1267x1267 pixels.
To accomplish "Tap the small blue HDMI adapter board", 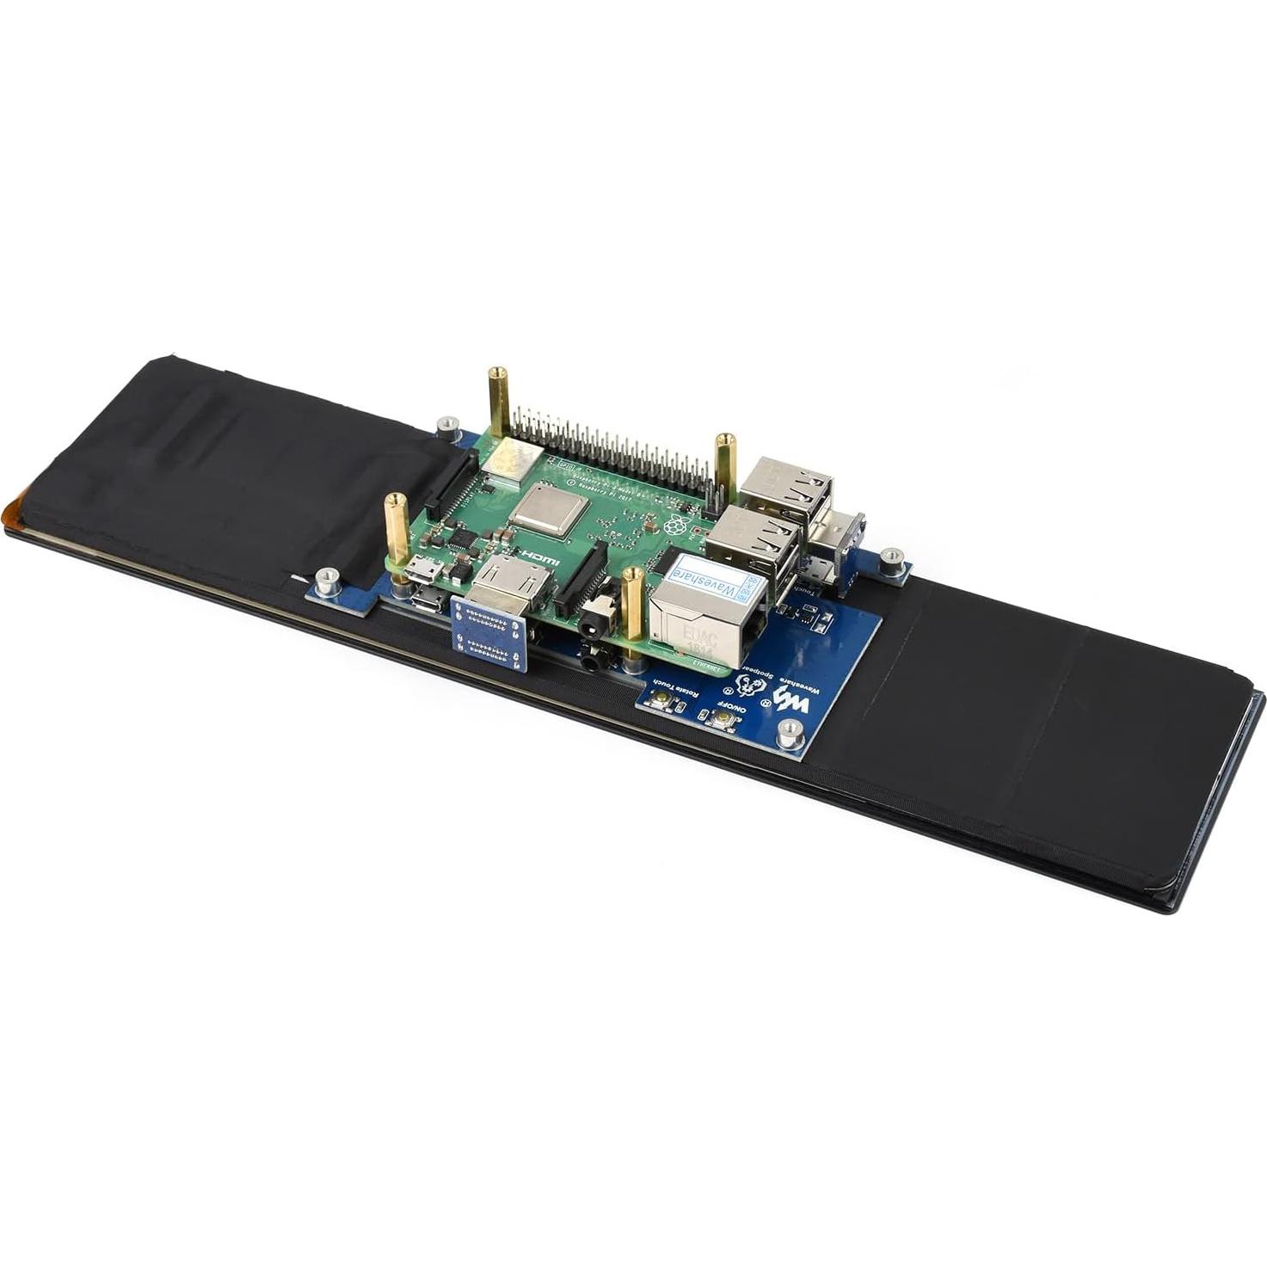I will (x=489, y=634).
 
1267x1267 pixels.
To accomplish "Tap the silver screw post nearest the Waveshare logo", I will (x=787, y=733).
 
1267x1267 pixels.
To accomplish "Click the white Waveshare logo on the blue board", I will (x=791, y=698).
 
